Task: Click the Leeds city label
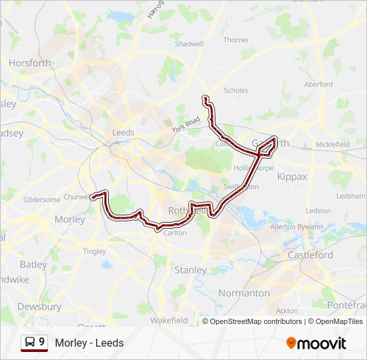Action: pos(123,132)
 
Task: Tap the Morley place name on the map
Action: pos(69,219)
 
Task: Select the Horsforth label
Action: pos(30,63)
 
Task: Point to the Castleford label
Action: pos(310,255)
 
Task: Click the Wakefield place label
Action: pos(168,320)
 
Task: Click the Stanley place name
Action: pos(190,270)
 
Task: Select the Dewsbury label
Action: pos(39,307)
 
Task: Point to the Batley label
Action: pos(33,264)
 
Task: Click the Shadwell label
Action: pos(189,44)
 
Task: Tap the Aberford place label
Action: pos(318,84)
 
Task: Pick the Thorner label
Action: pos(236,40)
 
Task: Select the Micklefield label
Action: pos(332,144)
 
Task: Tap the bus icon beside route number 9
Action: pos(30,342)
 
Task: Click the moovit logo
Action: pos(316,343)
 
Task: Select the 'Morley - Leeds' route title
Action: pos(89,343)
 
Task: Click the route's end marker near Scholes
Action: pos(205,99)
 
